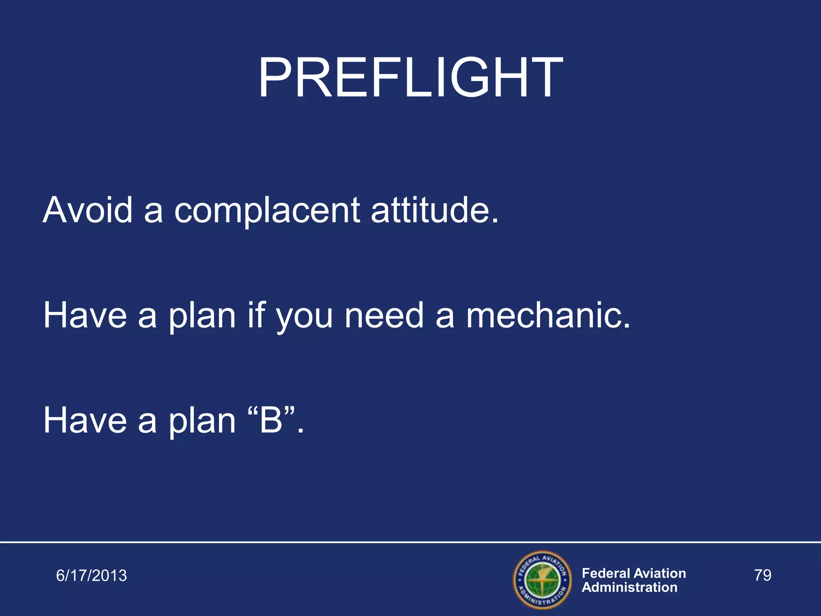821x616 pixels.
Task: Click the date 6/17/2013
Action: click(x=91, y=575)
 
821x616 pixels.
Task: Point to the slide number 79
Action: click(x=762, y=575)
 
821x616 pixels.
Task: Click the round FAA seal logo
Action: click(x=542, y=580)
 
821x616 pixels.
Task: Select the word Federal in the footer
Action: click(x=606, y=573)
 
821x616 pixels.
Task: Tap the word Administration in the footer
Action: click(x=629, y=588)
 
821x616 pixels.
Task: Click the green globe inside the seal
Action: click(x=542, y=580)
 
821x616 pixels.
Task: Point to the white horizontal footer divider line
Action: click(x=410, y=542)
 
